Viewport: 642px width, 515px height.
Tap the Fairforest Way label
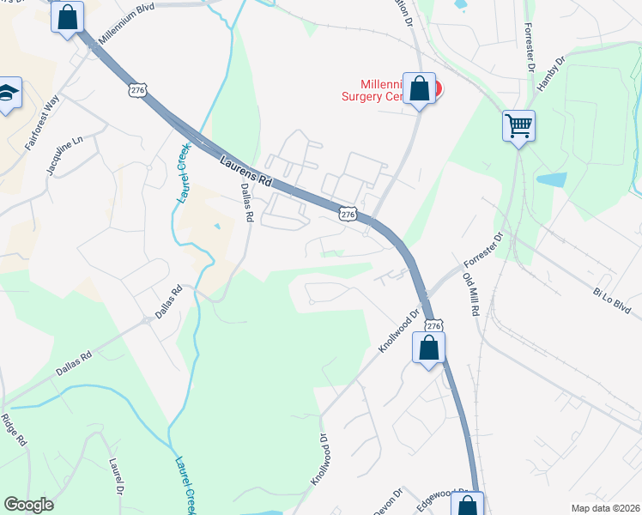(41, 124)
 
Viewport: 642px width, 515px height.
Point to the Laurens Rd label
(245, 172)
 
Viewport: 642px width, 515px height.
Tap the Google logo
(28, 505)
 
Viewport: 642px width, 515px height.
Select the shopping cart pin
(518, 125)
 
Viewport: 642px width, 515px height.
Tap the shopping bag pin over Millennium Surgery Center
(419, 88)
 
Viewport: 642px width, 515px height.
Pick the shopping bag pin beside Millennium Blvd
(67, 16)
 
